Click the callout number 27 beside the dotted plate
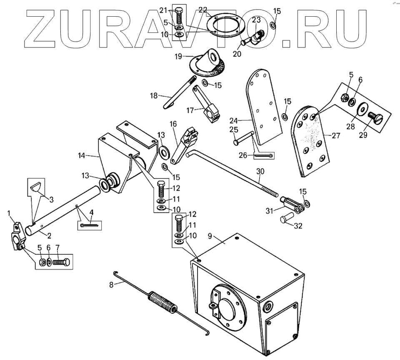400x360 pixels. point(335,135)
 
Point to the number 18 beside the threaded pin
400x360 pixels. point(154,96)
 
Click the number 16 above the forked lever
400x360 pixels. point(173,124)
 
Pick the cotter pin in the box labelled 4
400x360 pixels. point(89,225)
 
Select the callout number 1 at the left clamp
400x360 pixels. point(10,214)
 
